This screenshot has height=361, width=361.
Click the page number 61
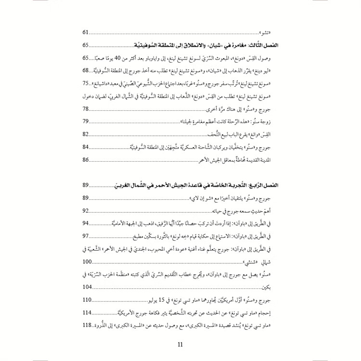click(87, 33)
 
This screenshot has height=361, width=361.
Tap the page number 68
click(87, 70)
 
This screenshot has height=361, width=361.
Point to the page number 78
click(87, 109)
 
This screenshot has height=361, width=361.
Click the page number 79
click(87, 121)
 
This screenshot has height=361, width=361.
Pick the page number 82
click(87, 134)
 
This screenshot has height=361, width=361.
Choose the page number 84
click(87, 147)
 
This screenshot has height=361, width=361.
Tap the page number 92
click(87, 197)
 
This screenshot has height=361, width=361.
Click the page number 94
click(87, 210)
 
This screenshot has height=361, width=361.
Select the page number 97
click(87, 222)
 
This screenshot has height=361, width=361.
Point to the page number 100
click(88, 248)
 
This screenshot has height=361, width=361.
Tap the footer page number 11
click(180, 344)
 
